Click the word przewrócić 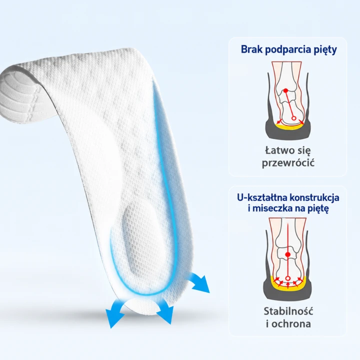[x=288, y=163]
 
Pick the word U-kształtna [x=261, y=197]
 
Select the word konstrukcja [x=314, y=198]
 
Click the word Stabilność [x=288, y=311]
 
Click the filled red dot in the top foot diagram [x=285, y=90]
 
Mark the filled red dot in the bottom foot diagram [x=287, y=254]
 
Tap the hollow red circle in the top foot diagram [x=293, y=118]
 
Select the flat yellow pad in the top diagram [x=289, y=127]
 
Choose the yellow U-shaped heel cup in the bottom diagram [x=288, y=284]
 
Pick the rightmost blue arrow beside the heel [x=198, y=282]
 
